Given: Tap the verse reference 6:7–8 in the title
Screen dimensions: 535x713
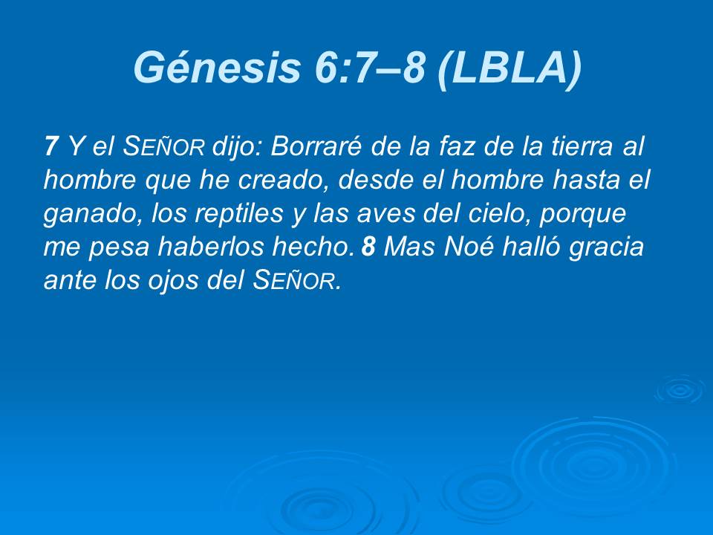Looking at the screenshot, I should pyautogui.click(x=365, y=68).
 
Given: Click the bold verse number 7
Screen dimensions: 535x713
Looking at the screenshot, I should pyautogui.click(x=51, y=146).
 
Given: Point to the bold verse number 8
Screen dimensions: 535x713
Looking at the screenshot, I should pyautogui.click(x=368, y=247).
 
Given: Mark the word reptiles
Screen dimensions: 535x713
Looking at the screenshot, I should pyautogui.click(x=227, y=214).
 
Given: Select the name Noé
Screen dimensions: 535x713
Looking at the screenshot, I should pyautogui.click(x=468, y=247).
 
